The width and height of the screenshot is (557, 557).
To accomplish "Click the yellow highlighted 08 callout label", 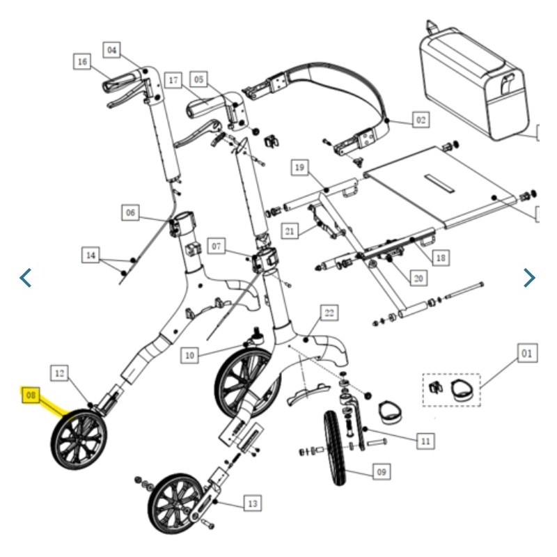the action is point(31,395).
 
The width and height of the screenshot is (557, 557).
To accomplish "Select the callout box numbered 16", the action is point(82,61).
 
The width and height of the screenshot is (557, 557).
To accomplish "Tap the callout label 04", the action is point(112,50).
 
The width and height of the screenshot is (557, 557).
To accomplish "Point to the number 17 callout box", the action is point(173,80).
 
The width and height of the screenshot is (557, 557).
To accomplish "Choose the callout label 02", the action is point(421,120).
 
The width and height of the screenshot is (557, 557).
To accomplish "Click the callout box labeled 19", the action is point(300,167).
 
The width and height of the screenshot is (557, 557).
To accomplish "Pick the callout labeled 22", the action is point(329,313).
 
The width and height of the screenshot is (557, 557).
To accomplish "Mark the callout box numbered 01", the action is point(527,354).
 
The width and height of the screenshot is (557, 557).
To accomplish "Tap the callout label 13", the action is point(253,503).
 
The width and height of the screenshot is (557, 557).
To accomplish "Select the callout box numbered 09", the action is point(382,472).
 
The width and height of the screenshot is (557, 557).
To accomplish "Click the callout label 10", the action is point(190,355).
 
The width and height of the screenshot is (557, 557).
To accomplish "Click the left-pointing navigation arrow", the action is point(26,277).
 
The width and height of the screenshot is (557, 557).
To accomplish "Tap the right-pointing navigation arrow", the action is point(529,277).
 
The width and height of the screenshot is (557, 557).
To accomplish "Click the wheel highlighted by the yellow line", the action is point(79,439).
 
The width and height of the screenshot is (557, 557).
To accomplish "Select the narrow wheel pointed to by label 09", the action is point(334,448).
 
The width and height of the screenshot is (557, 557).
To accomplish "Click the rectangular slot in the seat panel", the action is point(441,183).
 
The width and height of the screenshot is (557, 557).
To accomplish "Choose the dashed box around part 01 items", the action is point(451,390).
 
